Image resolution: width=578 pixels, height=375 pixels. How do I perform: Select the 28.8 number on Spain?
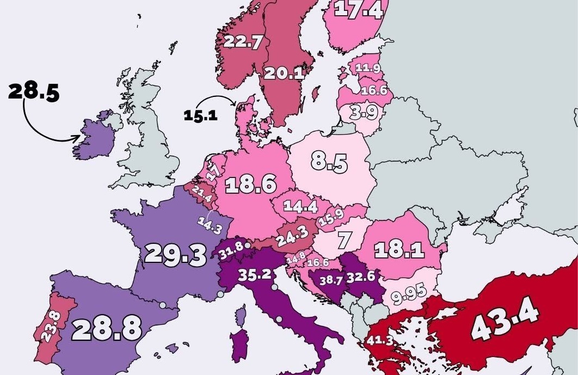(107, 328)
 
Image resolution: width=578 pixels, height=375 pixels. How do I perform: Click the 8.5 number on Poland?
(329, 162)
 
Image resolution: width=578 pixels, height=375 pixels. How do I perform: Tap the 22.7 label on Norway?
(243, 42)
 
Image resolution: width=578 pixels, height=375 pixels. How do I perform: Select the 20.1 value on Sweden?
(284, 73)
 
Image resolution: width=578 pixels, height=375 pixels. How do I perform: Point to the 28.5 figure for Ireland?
(33, 91)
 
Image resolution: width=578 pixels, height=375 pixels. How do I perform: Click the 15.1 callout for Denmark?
(200, 115)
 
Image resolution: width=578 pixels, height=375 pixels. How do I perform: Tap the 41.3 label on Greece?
(380, 341)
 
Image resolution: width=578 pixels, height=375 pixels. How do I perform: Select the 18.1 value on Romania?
(399, 249)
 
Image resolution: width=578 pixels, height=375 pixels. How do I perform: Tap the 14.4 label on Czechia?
(300, 206)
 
